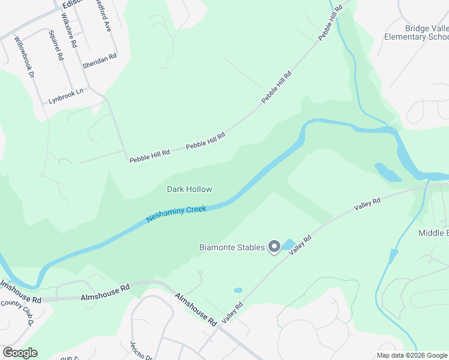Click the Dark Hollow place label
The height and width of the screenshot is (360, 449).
189,189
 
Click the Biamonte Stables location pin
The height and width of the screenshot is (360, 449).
274,247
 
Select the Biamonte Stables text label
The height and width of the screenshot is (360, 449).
232,247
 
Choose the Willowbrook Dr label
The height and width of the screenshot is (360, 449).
25,56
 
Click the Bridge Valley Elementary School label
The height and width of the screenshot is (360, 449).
418,32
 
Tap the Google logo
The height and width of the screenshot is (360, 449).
20,353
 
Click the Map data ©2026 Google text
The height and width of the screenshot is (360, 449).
412,355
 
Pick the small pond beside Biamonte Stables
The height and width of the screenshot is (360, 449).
289,244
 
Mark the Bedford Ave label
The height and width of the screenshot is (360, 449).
103,18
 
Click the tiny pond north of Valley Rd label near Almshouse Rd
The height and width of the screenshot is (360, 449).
238,290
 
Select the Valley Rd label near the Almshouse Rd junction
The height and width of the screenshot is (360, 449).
232,313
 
